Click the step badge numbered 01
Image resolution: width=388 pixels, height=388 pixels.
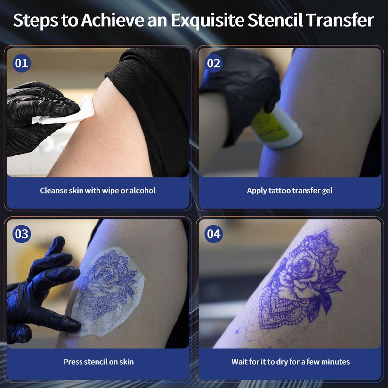[x=21, y=64]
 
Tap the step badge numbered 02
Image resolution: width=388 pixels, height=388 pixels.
[x=213, y=64]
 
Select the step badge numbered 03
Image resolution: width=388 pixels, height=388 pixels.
[x=21, y=234]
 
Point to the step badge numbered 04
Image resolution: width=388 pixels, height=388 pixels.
[x=213, y=234]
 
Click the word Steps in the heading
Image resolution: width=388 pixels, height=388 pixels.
[x=35, y=20]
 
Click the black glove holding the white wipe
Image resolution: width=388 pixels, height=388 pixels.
[x=37, y=116]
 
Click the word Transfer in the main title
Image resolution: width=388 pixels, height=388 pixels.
[x=340, y=20]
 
